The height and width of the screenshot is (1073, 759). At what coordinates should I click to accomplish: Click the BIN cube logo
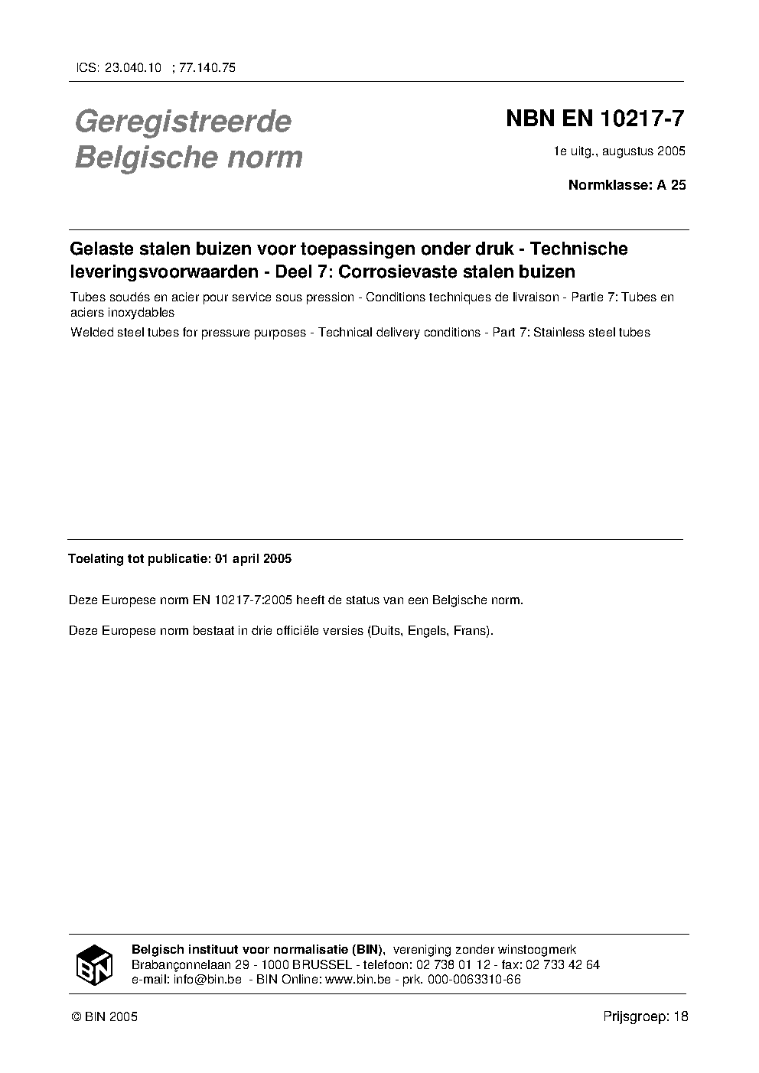click(x=94, y=964)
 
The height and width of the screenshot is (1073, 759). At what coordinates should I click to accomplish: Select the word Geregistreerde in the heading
click(x=183, y=122)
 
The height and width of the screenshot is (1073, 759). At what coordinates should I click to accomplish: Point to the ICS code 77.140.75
click(x=207, y=67)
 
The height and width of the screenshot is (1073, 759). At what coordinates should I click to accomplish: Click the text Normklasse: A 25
click(x=627, y=184)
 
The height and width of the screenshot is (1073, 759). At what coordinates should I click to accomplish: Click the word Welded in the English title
click(x=90, y=333)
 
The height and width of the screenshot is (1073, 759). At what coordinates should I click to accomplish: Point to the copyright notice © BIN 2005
click(x=104, y=1016)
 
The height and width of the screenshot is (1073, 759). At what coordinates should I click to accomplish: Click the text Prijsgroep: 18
click(x=645, y=1016)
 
